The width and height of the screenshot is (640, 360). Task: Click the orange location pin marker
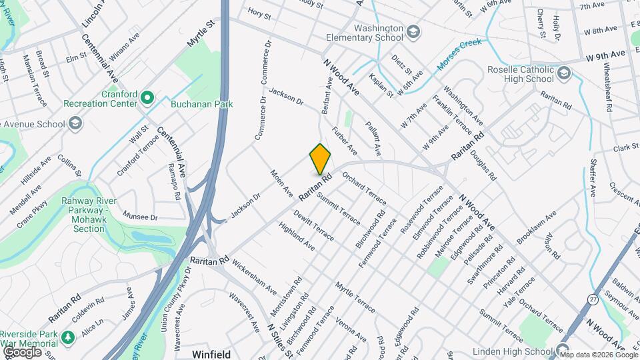320,159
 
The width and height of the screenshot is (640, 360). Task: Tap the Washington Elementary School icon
414,31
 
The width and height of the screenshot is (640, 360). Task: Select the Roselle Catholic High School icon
564,73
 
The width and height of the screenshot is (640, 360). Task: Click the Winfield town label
211,353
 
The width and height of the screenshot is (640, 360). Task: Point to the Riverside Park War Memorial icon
67,339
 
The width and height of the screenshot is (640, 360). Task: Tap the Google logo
22,351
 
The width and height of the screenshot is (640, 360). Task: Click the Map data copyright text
599,355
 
